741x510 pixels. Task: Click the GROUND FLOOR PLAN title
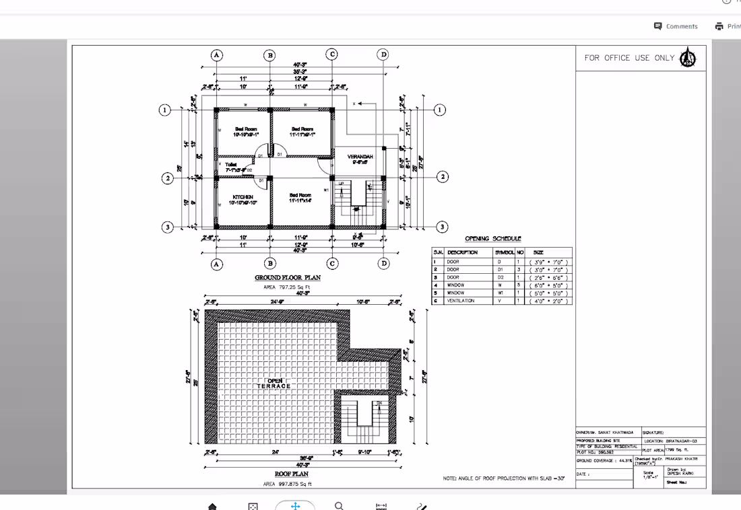(287, 277)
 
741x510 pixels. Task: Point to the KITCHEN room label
(243, 197)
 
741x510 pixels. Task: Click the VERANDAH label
(360, 157)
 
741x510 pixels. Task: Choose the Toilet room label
(231, 164)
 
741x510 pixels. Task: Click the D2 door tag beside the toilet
(249, 170)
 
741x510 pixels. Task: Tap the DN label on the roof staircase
(379, 403)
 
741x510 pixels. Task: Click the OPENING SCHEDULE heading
(492, 238)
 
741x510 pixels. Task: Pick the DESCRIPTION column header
(462, 252)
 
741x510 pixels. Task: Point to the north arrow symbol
(688, 58)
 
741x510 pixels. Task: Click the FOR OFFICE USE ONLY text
(629, 58)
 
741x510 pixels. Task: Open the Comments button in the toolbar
(676, 26)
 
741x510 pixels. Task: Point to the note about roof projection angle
(503, 478)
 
